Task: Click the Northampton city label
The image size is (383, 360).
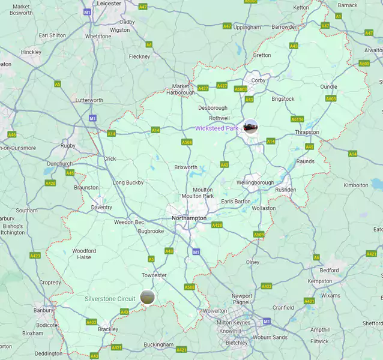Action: click(x=189, y=218)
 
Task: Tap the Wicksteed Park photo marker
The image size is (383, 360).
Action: click(x=251, y=127)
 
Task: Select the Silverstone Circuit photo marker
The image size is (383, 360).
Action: click(x=146, y=296)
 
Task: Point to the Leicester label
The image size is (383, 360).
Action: click(x=109, y=4)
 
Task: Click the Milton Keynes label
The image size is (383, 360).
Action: click(x=232, y=323)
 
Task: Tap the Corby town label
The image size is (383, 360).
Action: click(x=259, y=80)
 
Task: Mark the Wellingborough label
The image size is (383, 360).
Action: click(x=255, y=182)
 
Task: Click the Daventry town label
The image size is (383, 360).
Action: click(x=101, y=208)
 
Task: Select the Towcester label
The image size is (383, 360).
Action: click(x=154, y=275)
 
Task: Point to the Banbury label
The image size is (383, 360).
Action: click(x=43, y=310)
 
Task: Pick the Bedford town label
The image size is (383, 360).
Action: click(x=329, y=270)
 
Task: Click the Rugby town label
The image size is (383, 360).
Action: click(x=68, y=146)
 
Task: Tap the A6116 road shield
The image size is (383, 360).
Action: click(x=298, y=119)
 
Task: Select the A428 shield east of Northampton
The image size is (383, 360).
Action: click(x=217, y=225)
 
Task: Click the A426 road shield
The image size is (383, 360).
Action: click(x=50, y=183)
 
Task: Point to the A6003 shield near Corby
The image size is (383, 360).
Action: click(x=241, y=89)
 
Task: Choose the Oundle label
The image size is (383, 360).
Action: click(x=329, y=86)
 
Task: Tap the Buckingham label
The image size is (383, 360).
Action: click(x=158, y=345)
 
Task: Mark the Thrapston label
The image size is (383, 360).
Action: click(x=307, y=133)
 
